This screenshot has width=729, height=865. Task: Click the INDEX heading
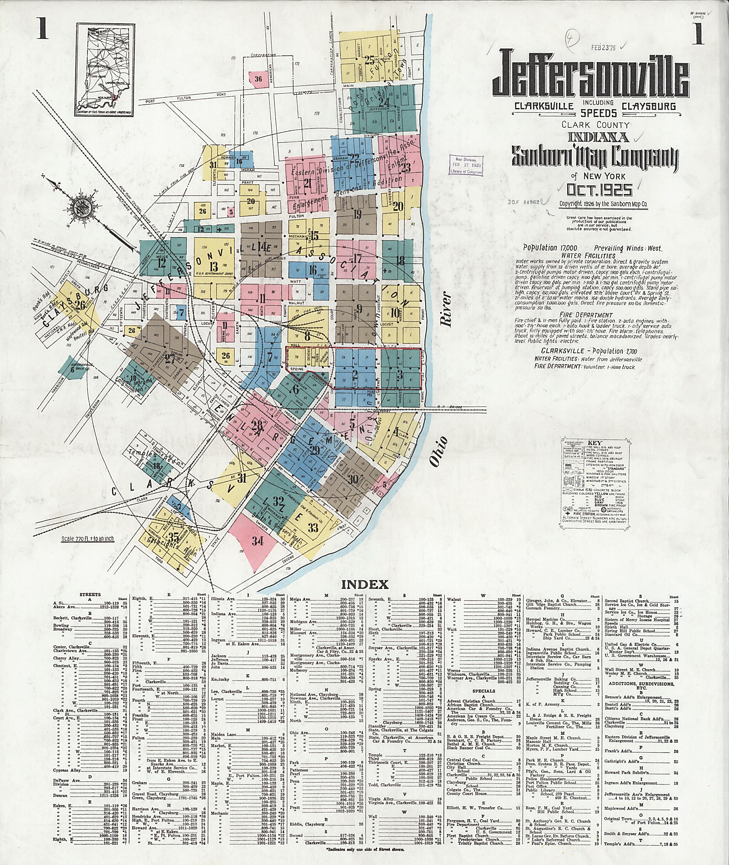click(364, 584)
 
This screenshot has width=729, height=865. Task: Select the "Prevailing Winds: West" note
click(628, 248)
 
